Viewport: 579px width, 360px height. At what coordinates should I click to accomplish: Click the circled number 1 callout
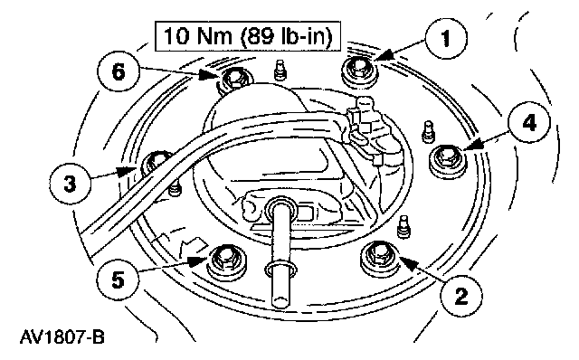click(x=446, y=38)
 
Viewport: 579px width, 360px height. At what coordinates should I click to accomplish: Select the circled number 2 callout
click(x=461, y=296)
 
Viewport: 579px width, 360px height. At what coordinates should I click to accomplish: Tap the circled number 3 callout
click(x=70, y=184)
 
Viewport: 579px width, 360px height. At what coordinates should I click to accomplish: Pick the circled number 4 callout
click(x=529, y=122)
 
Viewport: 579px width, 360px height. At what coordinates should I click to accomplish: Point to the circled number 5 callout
click(x=119, y=279)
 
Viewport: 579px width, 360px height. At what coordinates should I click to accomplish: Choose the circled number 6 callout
click(x=119, y=71)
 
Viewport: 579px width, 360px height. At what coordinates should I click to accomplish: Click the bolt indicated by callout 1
click(x=359, y=72)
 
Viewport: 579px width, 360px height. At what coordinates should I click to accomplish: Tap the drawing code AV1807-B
click(x=62, y=337)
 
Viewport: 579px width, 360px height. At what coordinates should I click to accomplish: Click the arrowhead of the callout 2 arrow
click(x=407, y=262)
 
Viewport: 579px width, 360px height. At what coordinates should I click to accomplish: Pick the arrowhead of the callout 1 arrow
click(x=384, y=56)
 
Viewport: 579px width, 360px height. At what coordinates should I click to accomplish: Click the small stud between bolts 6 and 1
click(x=280, y=70)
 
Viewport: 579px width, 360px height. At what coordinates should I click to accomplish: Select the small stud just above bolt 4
click(x=428, y=131)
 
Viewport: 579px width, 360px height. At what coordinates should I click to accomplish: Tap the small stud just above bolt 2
click(x=403, y=227)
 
